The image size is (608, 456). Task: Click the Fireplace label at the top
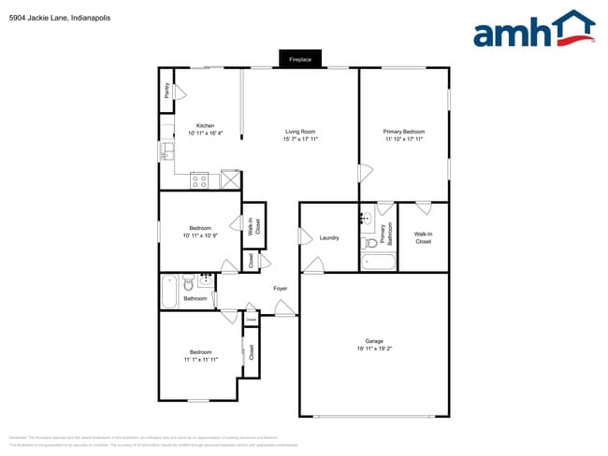pyautogui.click(x=299, y=60)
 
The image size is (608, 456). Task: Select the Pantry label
pyautogui.click(x=166, y=91)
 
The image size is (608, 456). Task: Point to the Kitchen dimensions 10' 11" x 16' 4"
pyautogui.click(x=205, y=135)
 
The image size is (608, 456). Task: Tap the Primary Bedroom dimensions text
pyautogui.click(x=403, y=139)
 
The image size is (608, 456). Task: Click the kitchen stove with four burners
pyautogui.click(x=199, y=180)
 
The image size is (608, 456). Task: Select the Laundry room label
pyautogui.click(x=328, y=238)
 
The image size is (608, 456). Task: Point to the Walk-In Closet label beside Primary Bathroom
pyautogui.click(x=423, y=237)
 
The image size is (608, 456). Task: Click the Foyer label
pyautogui.click(x=280, y=289)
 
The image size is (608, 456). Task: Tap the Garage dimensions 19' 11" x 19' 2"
pyautogui.click(x=373, y=349)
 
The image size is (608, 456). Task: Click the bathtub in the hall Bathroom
pyautogui.click(x=169, y=291)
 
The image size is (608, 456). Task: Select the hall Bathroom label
pyautogui.click(x=195, y=299)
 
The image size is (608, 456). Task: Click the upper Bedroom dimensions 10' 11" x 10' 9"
pyautogui.click(x=199, y=235)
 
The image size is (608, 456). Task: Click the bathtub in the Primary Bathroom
pyautogui.click(x=378, y=261)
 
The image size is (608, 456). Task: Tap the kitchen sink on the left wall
pyautogui.click(x=165, y=150)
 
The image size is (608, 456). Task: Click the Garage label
pyautogui.click(x=374, y=341)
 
